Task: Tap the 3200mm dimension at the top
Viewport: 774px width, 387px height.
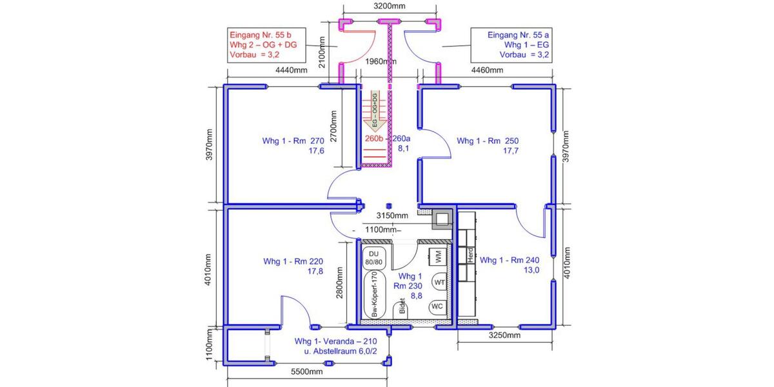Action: point(390,6)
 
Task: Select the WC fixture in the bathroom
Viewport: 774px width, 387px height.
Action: point(436,306)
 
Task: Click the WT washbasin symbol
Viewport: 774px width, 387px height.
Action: point(439,283)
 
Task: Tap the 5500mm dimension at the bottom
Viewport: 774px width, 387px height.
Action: point(307,372)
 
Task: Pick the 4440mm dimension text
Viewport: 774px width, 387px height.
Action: point(292,70)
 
